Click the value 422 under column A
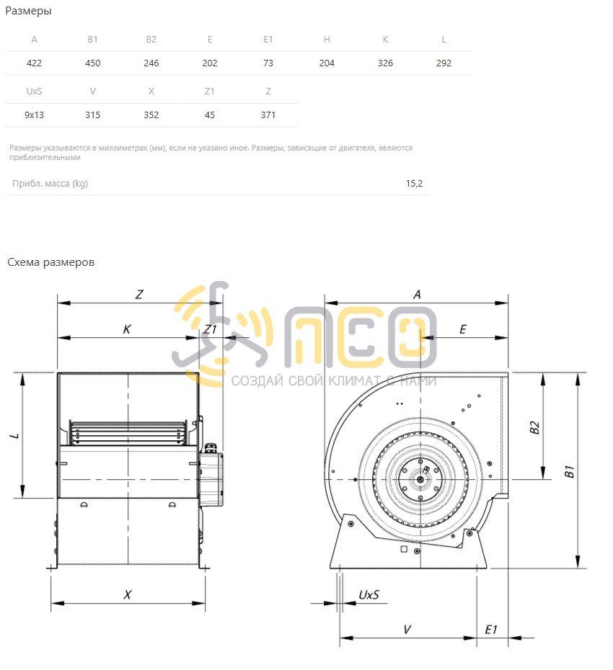(34, 63)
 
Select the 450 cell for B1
(93, 63)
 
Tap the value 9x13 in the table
(34, 115)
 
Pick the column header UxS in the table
(34, 91)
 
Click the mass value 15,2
(414, 183)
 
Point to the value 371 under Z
(268, 115)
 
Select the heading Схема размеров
(51, 262)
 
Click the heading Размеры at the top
(28, 11)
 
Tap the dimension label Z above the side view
(139, 295)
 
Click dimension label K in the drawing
(127, 329)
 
